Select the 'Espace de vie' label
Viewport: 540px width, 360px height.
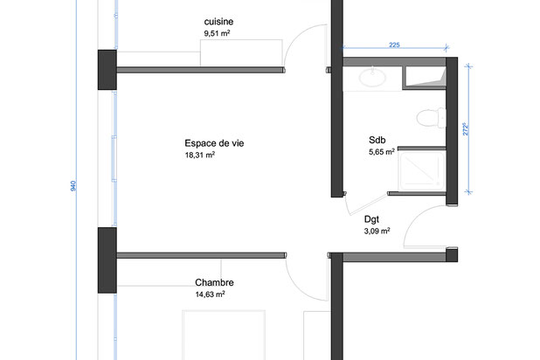click(208, 143)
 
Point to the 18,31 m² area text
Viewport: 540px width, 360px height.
click(199, 156)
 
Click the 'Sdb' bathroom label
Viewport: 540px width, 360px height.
click(377, 139)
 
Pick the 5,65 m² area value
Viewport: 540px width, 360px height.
click(382, 151)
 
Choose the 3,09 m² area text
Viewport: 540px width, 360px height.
click(376, 232)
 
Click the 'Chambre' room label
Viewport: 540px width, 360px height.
click(214, 282)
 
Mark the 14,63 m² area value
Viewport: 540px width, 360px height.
click(211, 295)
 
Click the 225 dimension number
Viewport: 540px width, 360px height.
click(394, 46)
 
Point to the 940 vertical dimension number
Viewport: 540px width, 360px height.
click(73, 186)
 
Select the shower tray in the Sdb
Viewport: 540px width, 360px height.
click(420, 170)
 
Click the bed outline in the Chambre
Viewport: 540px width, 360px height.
click(224, 336)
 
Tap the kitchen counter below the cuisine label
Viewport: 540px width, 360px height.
click(240, 52)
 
